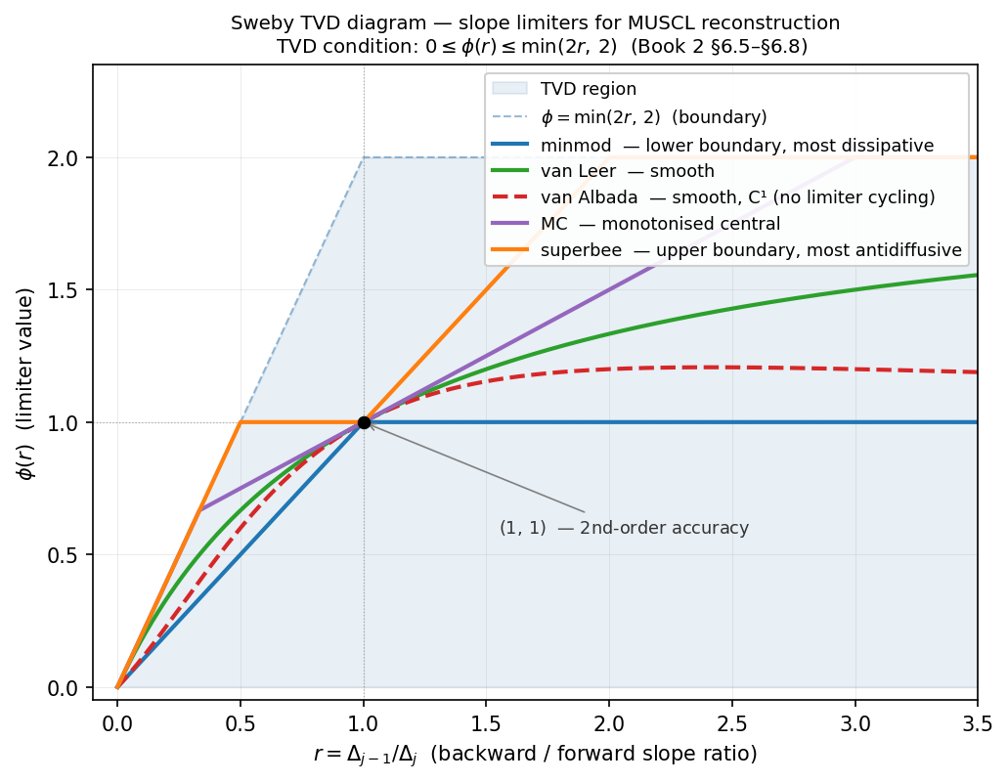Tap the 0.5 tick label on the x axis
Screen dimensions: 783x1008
click(241, 723)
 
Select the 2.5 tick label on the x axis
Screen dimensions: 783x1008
click(732, 723)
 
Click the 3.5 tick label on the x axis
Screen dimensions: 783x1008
click(978, 723)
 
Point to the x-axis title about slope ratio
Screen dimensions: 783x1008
click(535, 755)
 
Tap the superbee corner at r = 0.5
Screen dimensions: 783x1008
click(241, 422)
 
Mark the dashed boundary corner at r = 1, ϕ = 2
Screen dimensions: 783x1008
click(364, 158)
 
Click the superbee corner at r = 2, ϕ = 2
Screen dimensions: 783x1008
click(609, 158)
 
